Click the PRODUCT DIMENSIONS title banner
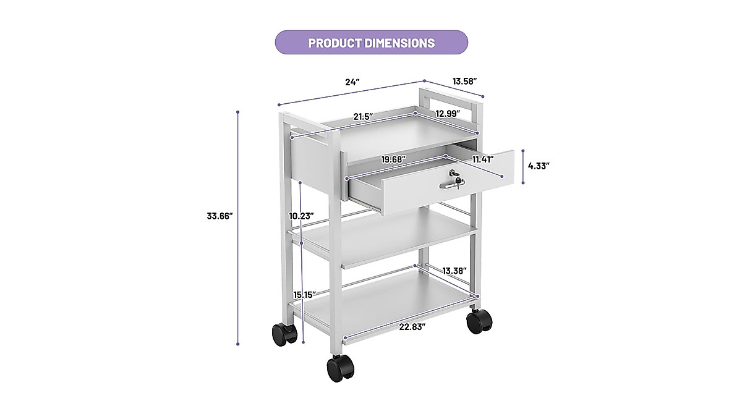(x=371, y=43)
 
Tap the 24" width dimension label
(x=352, y=82)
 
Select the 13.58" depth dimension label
(x=464, y=81)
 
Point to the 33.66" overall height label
(x=220, y=216)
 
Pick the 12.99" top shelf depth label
(x=448, y=113)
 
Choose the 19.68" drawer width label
(x=393, y=159)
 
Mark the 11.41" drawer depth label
(x=484, y=159)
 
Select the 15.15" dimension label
(x=305, y=294)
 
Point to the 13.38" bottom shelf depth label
(x=454, y=271)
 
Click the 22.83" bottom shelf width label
(x=412, y=327)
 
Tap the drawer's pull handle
(x=451, y=185)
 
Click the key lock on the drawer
(x=455, y=175)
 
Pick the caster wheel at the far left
(x=284, y=334)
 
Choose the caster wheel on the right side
(x=479, y=320)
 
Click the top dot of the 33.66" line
(x=237, y=112)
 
